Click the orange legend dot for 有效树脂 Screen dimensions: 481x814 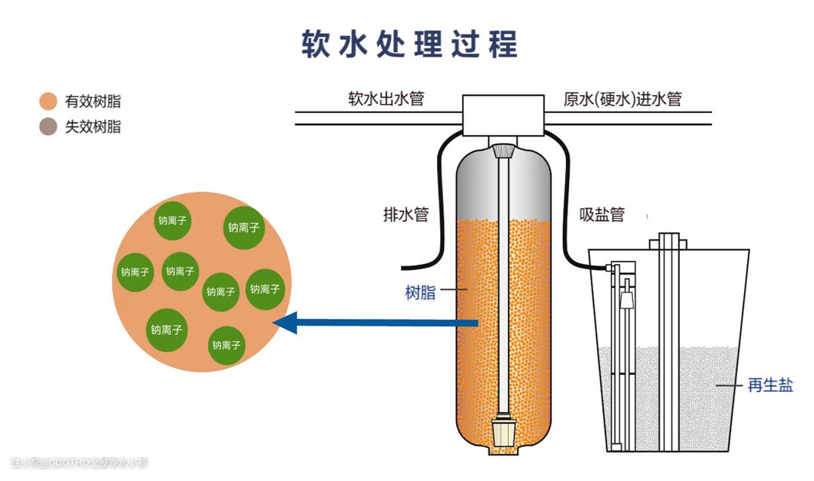[x=49, y=101]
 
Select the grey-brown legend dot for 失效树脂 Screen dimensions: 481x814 [x=49, y=127]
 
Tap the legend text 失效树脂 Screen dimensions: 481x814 [x=93, y=127]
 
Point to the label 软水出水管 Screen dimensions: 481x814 [x=386, y=99]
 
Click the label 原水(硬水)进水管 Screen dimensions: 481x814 [x=623, y=99]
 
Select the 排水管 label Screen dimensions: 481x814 [x=405, y=215]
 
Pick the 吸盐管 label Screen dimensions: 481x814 [x=602, y=215]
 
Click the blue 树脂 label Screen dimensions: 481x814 [x=420, y=293]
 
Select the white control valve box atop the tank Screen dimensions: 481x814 [x=503, y=115]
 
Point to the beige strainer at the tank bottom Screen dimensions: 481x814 [x=503, y=433]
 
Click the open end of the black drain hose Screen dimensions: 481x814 [x=405, y=265]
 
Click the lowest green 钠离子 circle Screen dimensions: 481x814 [x=226, y=345]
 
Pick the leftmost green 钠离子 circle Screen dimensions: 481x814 [x=135, y=272]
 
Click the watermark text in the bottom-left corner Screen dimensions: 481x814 [x=80, y=461]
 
